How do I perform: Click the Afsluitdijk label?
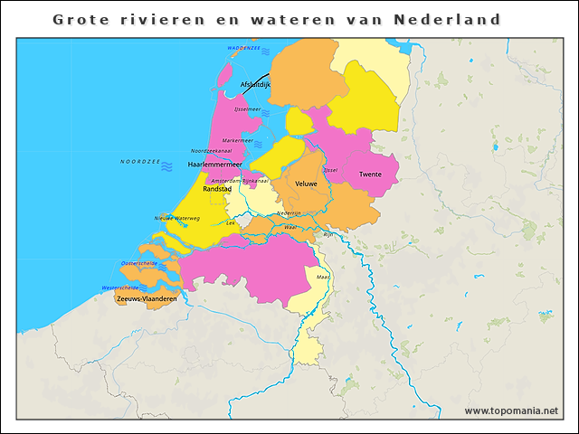pyautogui.click(x=255, y=85)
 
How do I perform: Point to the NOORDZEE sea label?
pyautogui.click(x=139, y=162)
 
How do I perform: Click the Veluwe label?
pyautogui.click(x=307, y=184)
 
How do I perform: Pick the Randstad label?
pyautogui.click(x=217, y=190)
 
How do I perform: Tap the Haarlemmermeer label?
pyautogui.click(x=214, y=165)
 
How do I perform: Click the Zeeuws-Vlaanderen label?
pyautogui.click(x=147, y=297)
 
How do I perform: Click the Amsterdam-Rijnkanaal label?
pyautogui.click(x=240, y=181)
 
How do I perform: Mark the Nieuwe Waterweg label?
pyautogui.click(x=176, y=218)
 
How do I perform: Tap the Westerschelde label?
pyautogui.click(x=120, y=288)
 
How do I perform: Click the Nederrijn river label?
pyautogui.click(x=289, y=212)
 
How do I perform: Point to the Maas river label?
pyautogui.click(x=323, y=277)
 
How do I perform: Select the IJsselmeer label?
pyautogui.click(x=247, y=109)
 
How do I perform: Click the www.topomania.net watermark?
pyautogui.click(x=511, y=411)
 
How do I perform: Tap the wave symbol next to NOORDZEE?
pyautogui.click(x=167, y=163)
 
